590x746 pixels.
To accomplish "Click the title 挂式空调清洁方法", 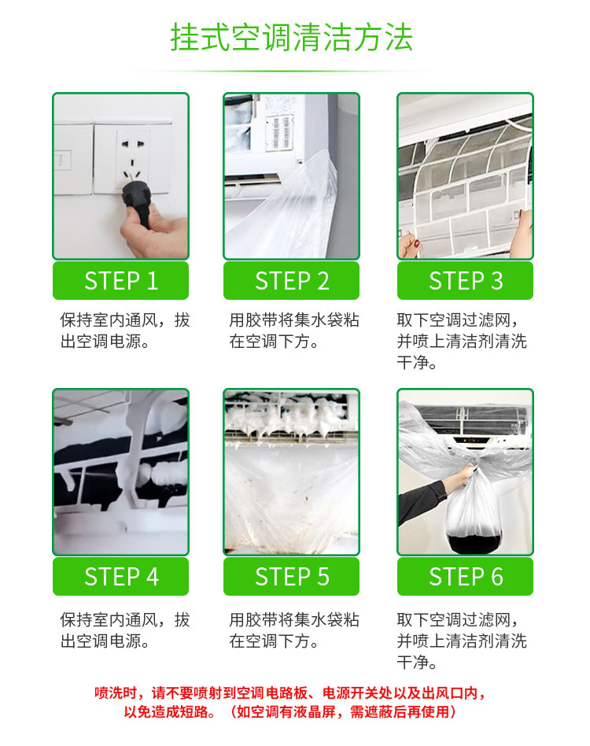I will [x=292, y=38].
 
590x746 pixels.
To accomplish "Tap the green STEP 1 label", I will [x=120, y=281].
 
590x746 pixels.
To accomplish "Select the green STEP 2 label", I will [x=291, y=281].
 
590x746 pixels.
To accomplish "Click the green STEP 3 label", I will [x=465, y=281].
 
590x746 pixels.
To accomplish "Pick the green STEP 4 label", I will [x=120, y=577].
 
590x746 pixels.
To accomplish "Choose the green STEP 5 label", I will [x=291, y=577].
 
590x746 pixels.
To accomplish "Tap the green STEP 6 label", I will [x=465, y=577].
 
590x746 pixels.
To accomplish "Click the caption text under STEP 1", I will [x=124, y=331].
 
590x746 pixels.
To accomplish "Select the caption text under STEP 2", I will [x=293, y=331].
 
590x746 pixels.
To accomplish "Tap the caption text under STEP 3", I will [x=462, y=342].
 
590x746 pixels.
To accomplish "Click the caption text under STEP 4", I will [x=124, y=630].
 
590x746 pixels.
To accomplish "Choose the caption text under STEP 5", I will [x=293, y=630].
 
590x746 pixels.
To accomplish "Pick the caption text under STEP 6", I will [x=462, y=641].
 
